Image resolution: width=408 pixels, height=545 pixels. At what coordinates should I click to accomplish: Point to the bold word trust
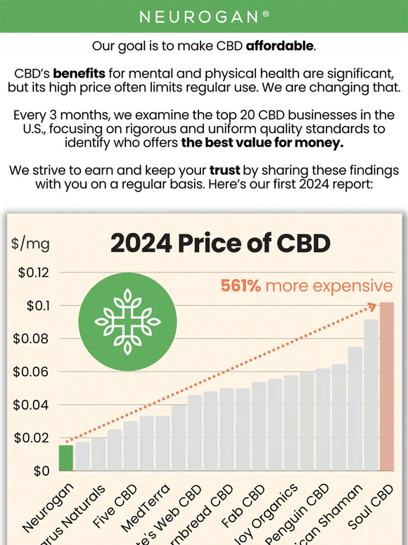[x=227, y=170]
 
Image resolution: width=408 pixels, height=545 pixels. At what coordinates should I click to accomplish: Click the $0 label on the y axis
[x=42, y=471]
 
